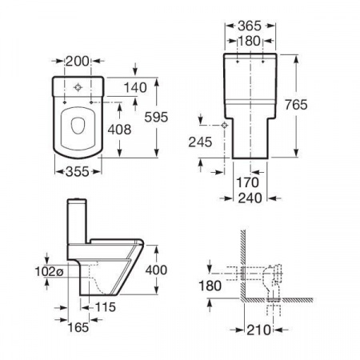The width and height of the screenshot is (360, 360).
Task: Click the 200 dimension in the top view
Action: (78, 62)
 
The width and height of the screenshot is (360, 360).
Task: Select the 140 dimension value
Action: (135, 88)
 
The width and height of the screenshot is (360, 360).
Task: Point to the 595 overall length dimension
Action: (156, 117)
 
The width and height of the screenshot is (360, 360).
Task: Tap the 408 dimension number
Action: (119, 130)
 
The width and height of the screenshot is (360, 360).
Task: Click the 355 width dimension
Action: (78, 171)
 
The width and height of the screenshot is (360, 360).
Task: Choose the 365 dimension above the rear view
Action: (250, 26)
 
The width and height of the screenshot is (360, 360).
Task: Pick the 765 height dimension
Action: (296, 105)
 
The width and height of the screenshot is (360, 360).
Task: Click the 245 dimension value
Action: (200, 142)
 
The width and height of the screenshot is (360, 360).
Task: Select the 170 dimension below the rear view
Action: (248, 183)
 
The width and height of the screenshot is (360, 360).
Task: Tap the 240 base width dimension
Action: (250, 198)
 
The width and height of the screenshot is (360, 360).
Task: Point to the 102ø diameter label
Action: (50, 272)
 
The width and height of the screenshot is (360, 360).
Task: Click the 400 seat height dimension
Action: (156, 270)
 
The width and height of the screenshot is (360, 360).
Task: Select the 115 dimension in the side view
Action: (106, 307)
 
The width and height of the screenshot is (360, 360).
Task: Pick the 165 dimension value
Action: (78, 327)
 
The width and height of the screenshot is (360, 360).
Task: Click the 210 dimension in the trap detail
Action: (258, 330)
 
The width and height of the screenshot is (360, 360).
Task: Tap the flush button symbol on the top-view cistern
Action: (78, 87)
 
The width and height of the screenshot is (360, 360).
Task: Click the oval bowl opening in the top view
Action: (78, 126)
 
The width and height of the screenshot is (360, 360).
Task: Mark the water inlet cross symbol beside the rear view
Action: (225, 125)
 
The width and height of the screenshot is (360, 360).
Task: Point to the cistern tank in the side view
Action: (77, 221)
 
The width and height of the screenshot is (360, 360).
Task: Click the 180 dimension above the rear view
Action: (249, 41)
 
